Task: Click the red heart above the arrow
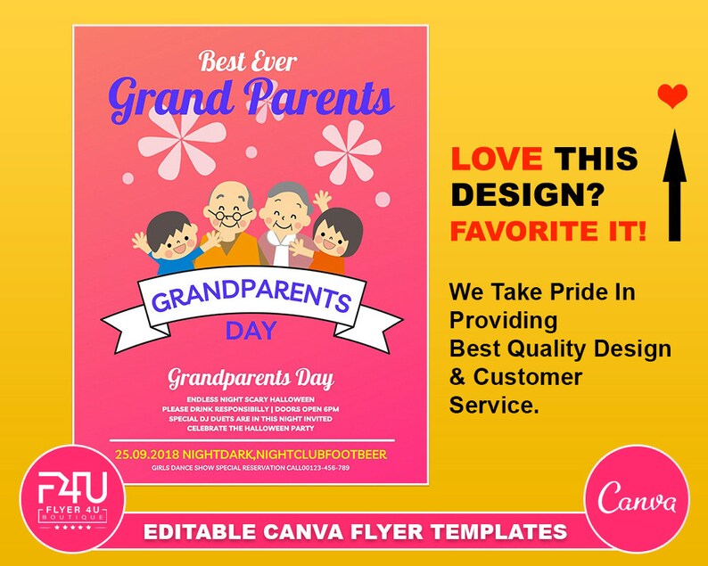[x=672, y=95]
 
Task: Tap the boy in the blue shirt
[x=169, y=243]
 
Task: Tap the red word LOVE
[x=496, y=160]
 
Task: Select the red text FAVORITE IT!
[x=548, y=232]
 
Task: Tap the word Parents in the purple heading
[x=319, y=98]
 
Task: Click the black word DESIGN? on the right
[x=528, y=194]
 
